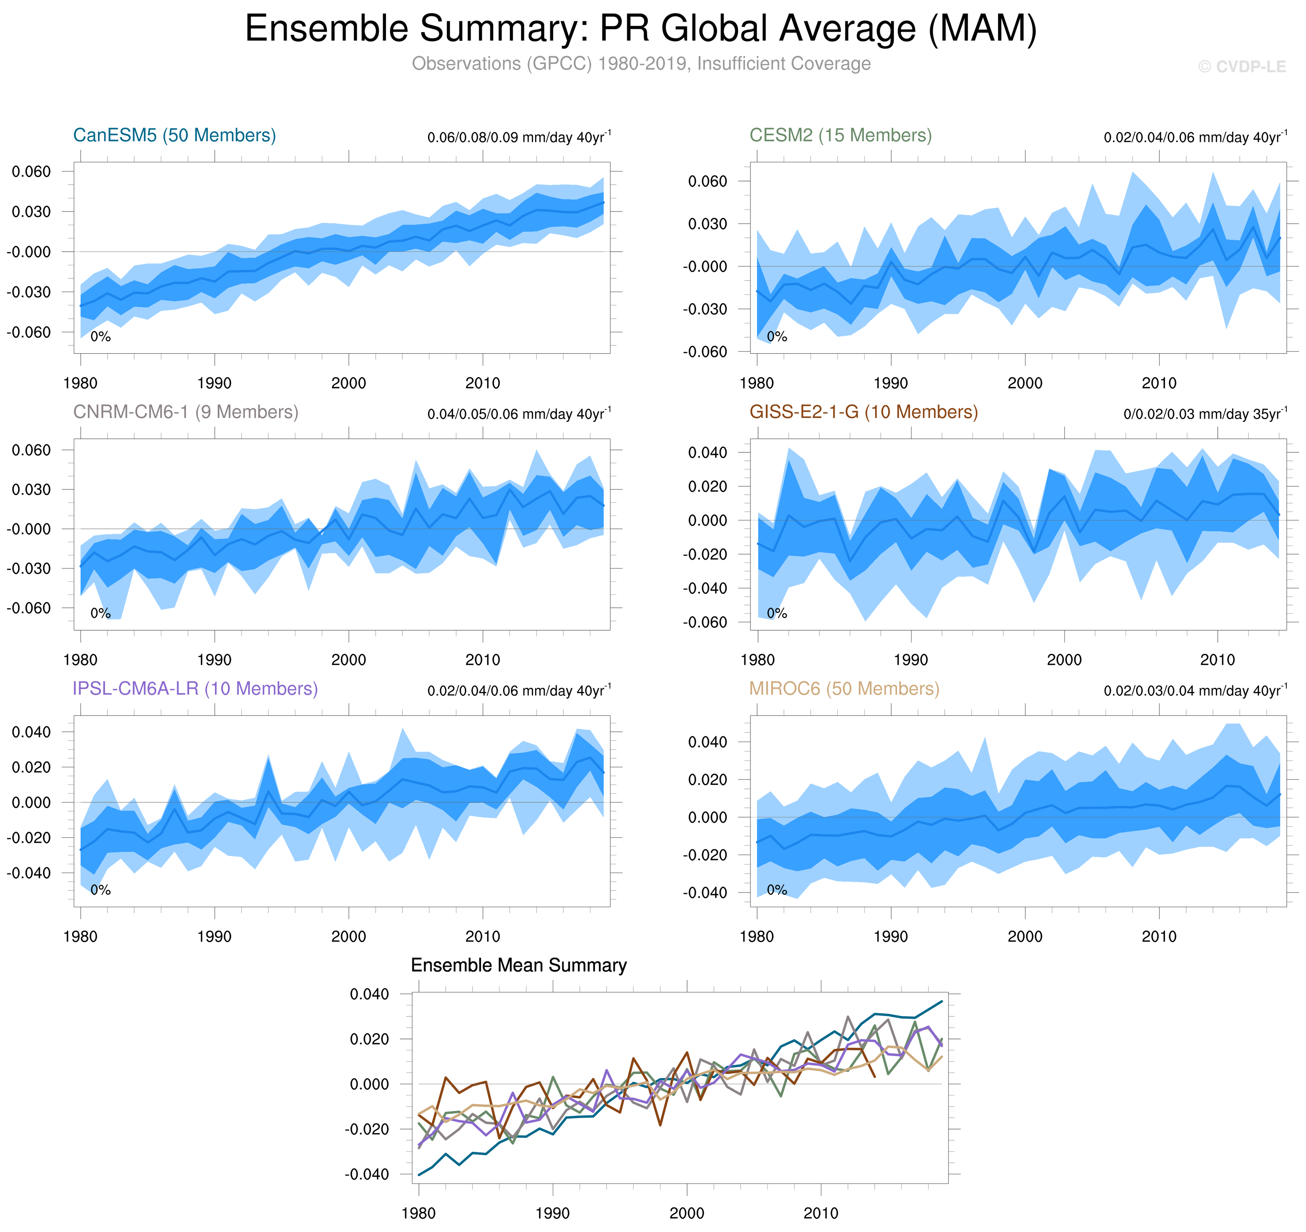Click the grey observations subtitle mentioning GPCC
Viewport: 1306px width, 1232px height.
point(641,64)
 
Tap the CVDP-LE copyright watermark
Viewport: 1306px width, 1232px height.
point(1241,67)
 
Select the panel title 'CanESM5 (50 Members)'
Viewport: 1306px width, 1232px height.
point(174,135)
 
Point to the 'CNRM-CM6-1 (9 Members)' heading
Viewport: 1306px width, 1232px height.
point(185,412)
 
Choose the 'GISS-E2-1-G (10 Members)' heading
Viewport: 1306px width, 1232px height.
point(863,412)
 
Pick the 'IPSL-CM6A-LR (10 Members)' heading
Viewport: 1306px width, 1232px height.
point(195,688)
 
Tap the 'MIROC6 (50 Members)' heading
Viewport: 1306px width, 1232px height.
point(844,688)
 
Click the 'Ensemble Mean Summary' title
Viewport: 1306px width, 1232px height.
point(518,966)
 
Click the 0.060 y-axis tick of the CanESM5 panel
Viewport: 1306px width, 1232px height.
point(31,171)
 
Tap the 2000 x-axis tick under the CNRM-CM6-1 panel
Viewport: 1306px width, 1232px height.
point(348,660)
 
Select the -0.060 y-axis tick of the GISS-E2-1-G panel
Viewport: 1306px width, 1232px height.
point(704,622)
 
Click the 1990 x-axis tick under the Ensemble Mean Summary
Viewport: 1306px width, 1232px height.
point(552,1213)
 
